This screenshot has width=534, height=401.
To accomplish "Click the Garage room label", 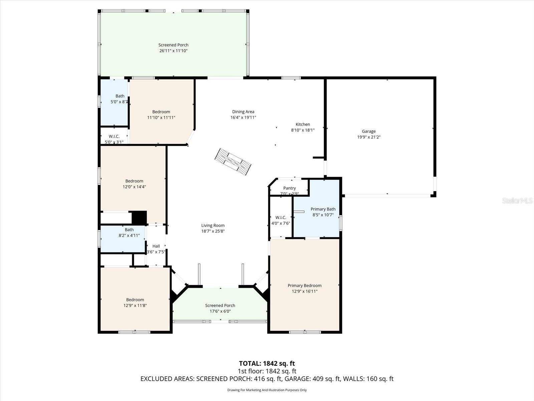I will pos(368,131).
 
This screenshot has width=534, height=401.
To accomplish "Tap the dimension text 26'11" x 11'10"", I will pos(173,51).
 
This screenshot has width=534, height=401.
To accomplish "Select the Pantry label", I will pos(289,188).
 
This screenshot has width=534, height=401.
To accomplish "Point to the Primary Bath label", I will pos(323,209).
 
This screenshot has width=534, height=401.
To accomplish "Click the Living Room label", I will pos(213,226).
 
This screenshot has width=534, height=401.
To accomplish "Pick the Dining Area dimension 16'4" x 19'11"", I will pos(243,118).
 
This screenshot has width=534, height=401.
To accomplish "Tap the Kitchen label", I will pos(303,124).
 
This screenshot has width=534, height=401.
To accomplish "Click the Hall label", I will pos(156,246).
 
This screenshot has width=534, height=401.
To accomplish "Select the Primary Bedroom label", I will pos(304,285).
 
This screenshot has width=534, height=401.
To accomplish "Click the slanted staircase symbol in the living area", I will pos(233,162).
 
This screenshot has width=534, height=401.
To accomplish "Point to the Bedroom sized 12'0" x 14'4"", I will pos(134,181).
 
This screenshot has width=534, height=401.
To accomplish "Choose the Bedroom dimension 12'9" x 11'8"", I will pos(135,305).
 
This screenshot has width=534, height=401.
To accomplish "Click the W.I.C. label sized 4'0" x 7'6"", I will pos(281,218).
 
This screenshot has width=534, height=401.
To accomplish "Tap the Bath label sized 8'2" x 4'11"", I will pos(129,230).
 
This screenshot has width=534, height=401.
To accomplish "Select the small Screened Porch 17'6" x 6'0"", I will pos(220,305).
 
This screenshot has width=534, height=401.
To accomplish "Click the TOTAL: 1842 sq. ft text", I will pos(267,363).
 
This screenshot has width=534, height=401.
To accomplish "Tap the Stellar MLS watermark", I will pos(517,200).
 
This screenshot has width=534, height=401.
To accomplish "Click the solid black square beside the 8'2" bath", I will pos(139,218).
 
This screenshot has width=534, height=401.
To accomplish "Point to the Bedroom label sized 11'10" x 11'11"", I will pos(161,112).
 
